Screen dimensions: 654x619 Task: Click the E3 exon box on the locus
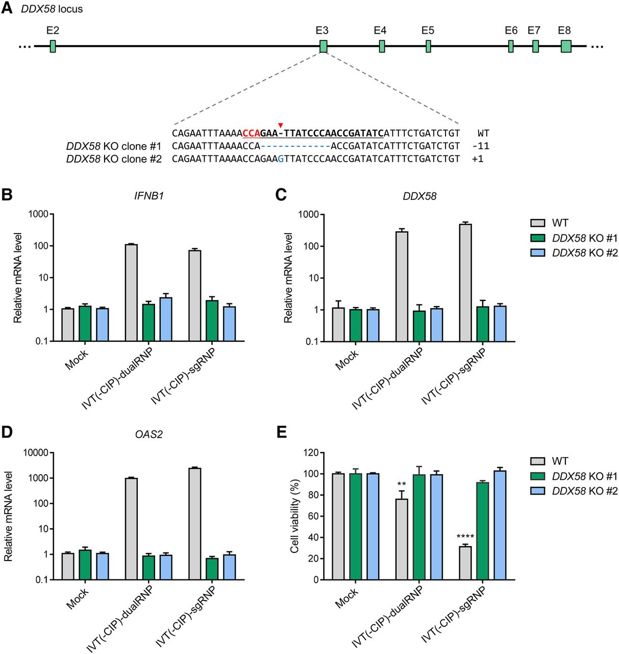tap(323, 46)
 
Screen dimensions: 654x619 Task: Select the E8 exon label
tap(564, 31)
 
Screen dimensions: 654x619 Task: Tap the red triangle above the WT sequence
tap(280, 125)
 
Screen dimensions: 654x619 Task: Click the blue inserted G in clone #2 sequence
tap(281, 159)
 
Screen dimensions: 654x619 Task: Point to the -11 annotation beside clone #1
tap(480, 146)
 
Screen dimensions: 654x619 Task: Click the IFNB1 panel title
tap(149, 196)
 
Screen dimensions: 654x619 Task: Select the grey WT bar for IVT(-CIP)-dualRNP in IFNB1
tap(131, 292)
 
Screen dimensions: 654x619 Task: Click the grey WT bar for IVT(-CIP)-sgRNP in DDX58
tap(465, 282)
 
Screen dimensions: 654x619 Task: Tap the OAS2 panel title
tap(148, 434)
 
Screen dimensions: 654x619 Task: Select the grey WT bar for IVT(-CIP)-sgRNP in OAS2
tap(194, 523)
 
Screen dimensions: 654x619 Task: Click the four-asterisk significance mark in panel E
tap(465, 537)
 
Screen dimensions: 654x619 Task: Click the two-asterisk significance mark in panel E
tap(402, 484)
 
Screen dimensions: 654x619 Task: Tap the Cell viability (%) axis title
tap(294, 516)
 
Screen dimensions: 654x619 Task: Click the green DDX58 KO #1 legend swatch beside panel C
tap(537, 238)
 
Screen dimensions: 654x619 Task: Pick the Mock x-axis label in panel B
tap(77, 360)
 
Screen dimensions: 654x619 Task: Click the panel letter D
tap(7, 432)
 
